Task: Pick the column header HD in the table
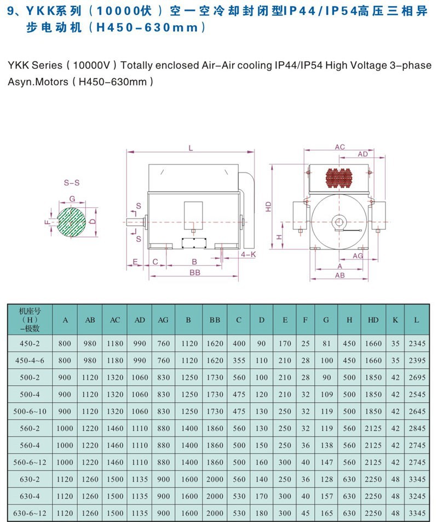(373, 320)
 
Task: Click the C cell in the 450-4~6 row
(238, 361)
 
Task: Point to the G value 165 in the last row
(327, 513)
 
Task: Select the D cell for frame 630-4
(261, 496)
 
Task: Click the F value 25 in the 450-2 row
(305, 344)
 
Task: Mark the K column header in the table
(395, 320)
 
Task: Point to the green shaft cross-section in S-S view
(71, 222)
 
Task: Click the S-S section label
(71, 183)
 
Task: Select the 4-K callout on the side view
(248, 255)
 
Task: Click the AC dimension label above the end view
(340, 147)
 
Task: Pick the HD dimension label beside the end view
(268, 206)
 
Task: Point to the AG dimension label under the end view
(358, 256)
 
